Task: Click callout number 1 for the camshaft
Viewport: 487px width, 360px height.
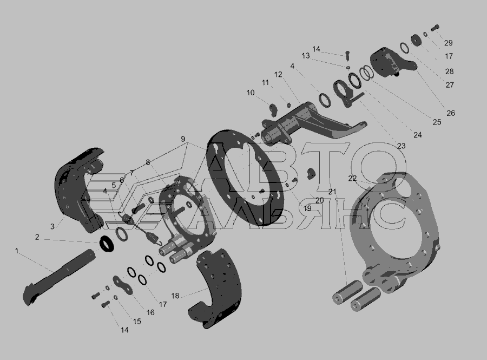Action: coord(17,251)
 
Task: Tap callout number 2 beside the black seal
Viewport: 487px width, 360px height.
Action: coord(37,237)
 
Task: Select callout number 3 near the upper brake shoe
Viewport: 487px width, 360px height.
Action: coord(52,226)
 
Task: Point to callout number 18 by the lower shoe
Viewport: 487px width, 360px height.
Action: coord(175,296)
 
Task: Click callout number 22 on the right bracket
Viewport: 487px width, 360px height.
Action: coord(352,178)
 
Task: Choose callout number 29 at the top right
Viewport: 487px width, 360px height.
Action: coord(448,43)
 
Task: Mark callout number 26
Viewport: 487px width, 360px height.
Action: coord(451,113)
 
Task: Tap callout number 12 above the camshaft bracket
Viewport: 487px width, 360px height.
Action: coord(278,75)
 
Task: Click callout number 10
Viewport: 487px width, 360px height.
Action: coord(251,93)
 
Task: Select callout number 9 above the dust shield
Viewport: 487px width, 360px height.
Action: coord(183,139)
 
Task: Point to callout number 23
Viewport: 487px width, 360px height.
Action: coord(402,146)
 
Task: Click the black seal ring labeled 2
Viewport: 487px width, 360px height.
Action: coord(107,243)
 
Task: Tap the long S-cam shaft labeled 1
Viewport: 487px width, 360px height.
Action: coord(59,277)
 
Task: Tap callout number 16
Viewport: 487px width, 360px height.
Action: coord(150,312)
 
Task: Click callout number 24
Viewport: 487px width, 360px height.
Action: coord(418,135)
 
